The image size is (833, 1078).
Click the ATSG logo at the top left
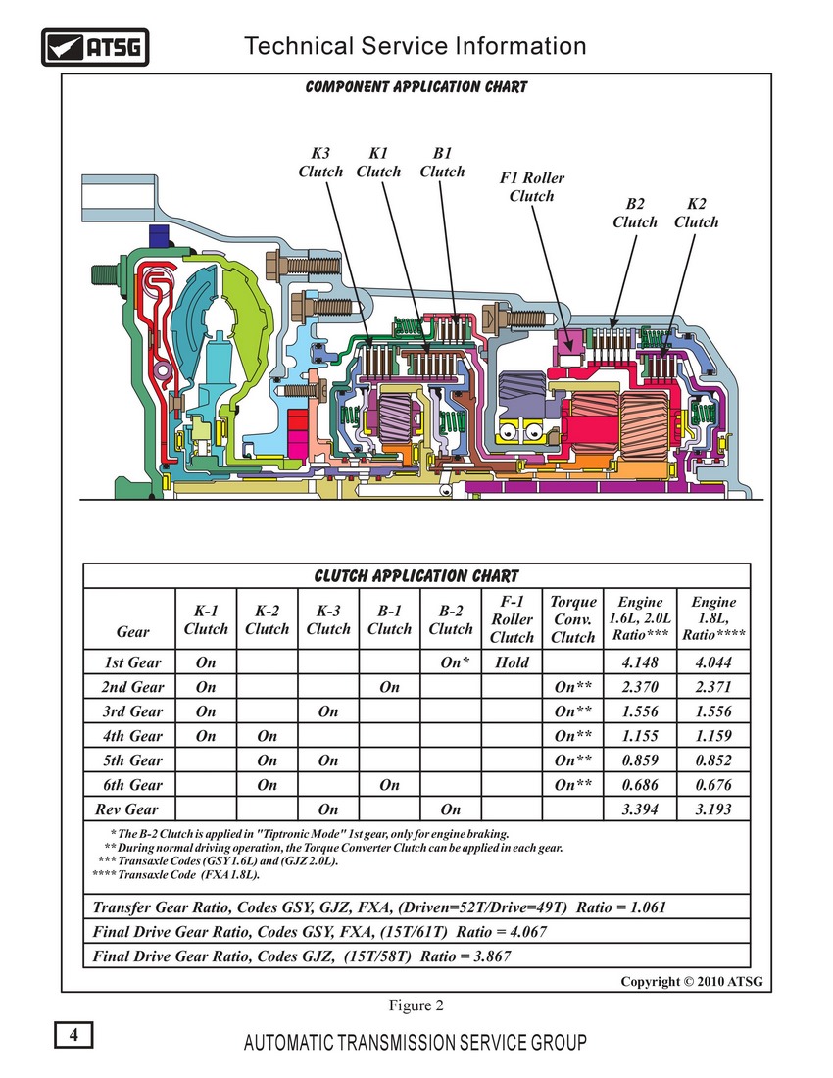point(95,47)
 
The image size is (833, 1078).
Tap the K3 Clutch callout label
point(320,163)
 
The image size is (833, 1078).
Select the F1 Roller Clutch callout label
point(531,187)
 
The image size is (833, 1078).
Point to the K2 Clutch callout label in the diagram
point(696,213)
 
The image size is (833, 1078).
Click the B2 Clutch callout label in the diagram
point(635,213)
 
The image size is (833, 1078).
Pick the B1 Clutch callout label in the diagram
point(442,163)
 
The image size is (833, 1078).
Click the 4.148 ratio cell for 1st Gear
point(640,662)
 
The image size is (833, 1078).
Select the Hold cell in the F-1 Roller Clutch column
point(512,662)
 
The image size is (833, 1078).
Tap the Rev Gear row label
point(127,809)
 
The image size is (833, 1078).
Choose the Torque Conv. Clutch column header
point(573,618)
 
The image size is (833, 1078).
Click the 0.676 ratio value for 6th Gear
point(713,784)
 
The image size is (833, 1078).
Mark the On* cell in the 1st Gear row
point(455,662)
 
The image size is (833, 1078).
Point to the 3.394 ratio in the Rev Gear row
point(640,809)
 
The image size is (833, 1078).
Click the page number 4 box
point(73,1035)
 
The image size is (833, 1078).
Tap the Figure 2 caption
point(416,1005)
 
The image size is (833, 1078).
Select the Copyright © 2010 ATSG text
point(692,981)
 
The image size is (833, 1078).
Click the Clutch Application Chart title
point(416,575)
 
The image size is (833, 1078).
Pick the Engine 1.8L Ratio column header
point(713,618)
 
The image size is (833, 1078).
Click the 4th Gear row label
point(132,736)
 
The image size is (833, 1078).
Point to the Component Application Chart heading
point(416,86)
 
